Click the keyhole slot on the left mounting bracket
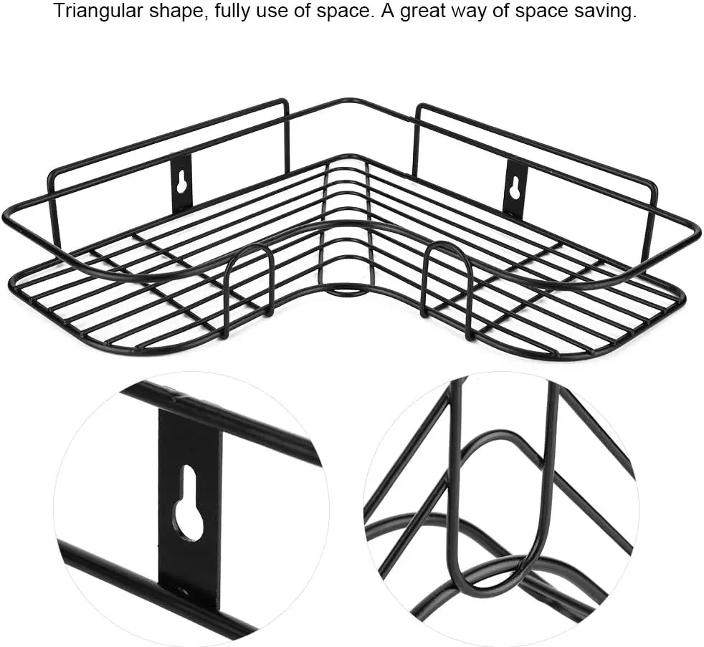(x=181, y=183)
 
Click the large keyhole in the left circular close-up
(x=188, y=501)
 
